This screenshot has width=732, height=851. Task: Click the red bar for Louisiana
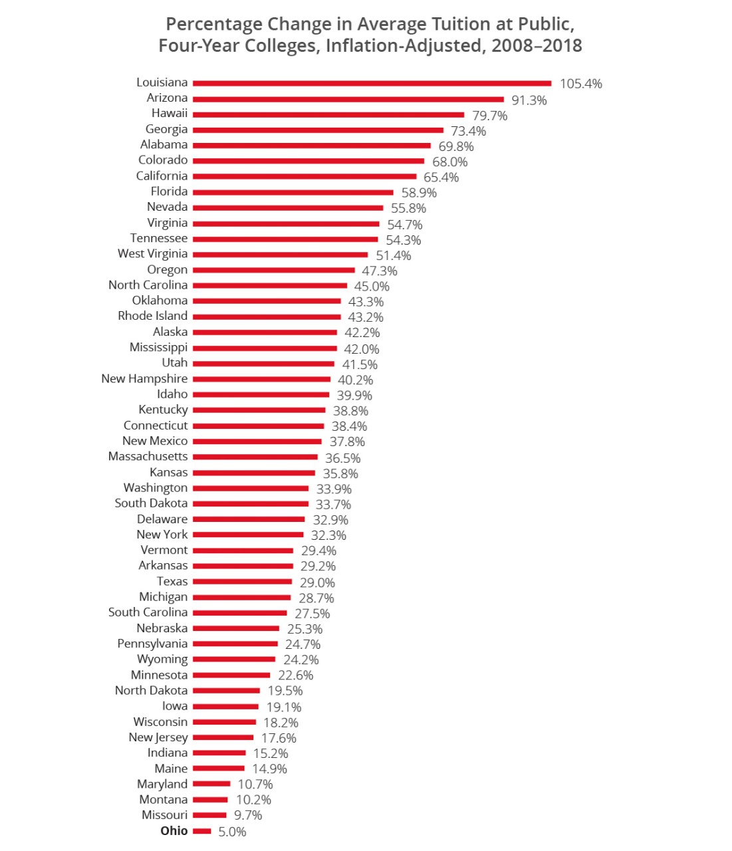[372, 83]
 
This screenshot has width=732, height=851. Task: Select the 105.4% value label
[580, 84]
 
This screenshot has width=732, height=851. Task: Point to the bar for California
[305, 177]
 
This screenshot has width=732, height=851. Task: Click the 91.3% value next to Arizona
[529, 100]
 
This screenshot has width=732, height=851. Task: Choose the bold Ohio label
[174, 831]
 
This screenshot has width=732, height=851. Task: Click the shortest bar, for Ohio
[202, 831]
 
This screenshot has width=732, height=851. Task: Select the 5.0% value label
[232, 832]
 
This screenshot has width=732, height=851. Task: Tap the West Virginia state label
[152, 253]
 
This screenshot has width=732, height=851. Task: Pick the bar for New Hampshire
[261, 380]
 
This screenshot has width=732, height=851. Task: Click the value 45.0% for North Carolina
[372, 287]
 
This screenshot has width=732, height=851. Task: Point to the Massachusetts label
[148, 456]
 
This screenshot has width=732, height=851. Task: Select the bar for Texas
[242, 582]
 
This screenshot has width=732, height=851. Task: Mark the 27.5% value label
[312, 614]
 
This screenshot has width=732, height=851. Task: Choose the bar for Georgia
[318, 130]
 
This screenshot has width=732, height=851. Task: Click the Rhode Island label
[152, 316]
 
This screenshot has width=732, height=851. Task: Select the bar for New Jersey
[223, 737]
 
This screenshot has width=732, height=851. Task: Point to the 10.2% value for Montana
[253, 800]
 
